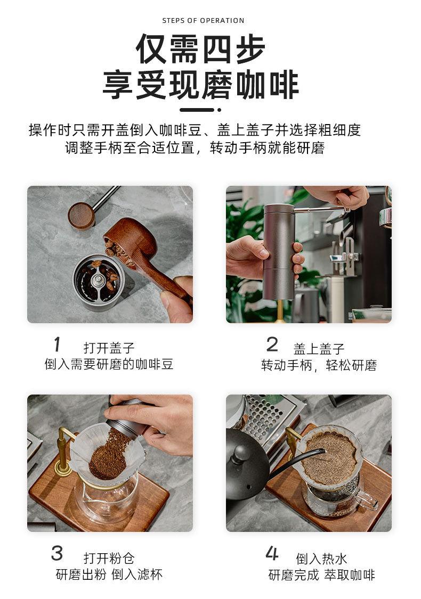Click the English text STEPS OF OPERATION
[203, 21]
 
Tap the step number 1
[57, 344]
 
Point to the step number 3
[57, 553]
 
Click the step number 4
[272, 553]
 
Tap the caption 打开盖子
[109, 348]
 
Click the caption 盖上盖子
[319, 348]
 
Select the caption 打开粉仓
[109, 558]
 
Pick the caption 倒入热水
[321, 559]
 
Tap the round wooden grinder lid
[81, 216]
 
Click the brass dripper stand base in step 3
[63, 468]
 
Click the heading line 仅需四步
[200, 49]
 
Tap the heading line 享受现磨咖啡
[200, 85]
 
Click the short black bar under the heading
[197, 110]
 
